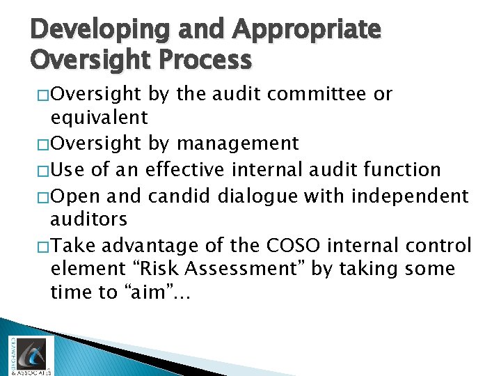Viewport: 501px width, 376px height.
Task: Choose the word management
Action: [x=238, y=144]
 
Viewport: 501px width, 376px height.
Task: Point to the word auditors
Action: [x=88, y=219]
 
